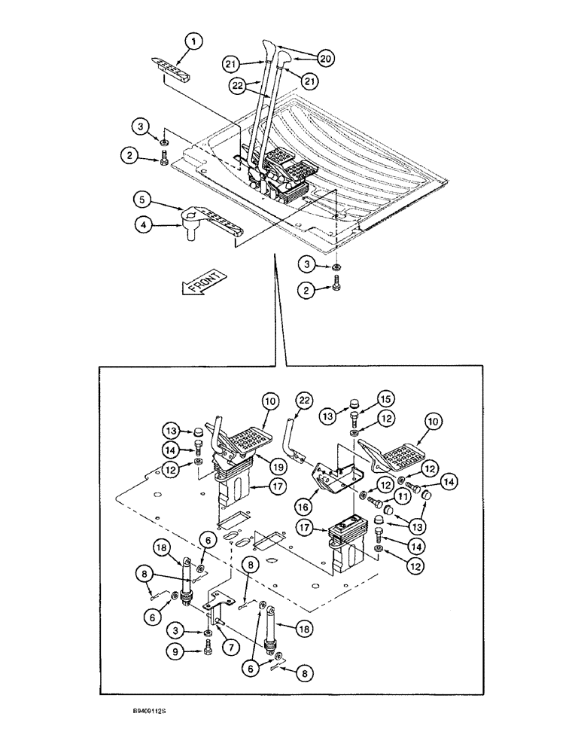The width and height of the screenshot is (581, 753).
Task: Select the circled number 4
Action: (x=142, y=223)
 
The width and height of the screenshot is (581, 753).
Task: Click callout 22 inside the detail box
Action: (x=303, y=400)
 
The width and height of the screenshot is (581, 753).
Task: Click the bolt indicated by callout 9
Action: (x=205, y=647)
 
